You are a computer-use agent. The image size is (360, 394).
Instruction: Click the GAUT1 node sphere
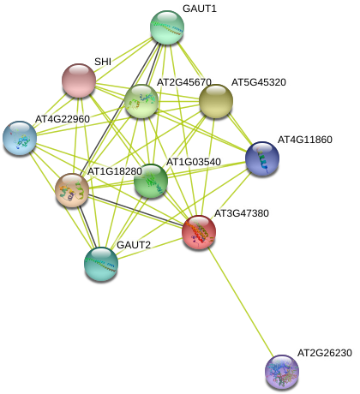click(167, 27)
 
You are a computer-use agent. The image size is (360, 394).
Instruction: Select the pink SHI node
click(79, 81)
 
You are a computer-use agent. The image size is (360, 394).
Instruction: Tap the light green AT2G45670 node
click(141, 101)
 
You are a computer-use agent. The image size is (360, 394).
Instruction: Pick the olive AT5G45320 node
click(216, 101)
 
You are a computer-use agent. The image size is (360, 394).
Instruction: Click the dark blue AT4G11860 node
click(262, 158)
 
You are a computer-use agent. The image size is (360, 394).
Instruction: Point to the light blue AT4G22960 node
click(20, 138)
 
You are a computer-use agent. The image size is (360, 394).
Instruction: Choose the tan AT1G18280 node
click(72, 190)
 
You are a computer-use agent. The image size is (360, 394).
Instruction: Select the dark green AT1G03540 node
click(151, 181)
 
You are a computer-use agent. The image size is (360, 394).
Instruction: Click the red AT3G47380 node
click(199, 232)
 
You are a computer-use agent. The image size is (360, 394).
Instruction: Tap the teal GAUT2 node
click(101, 265)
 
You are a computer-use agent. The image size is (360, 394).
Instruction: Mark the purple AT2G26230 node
click(282, 372)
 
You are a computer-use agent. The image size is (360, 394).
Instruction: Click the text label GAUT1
click(200, 9)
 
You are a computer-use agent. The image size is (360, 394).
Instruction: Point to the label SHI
click(103, 62)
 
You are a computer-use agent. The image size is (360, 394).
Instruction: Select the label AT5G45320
click(259, 82)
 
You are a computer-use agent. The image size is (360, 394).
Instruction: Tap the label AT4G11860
click(305, 140)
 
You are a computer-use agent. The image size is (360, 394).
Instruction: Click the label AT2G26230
click(325, 353)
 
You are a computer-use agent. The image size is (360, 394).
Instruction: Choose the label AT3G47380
click(242, 213)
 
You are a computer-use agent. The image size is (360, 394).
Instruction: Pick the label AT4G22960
click(63, 119)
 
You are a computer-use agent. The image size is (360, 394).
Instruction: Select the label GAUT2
click(134, 245)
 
